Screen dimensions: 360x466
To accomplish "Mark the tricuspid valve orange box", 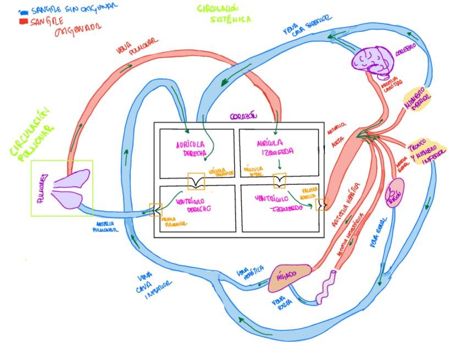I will coord(196,181).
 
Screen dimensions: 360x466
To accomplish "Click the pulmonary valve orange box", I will coord(155,209).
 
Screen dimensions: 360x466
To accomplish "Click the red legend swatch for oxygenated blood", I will coord(23,21).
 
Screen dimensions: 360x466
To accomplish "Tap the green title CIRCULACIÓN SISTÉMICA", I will coord(223,14).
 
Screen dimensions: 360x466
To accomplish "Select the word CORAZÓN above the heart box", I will coord(244,117).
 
